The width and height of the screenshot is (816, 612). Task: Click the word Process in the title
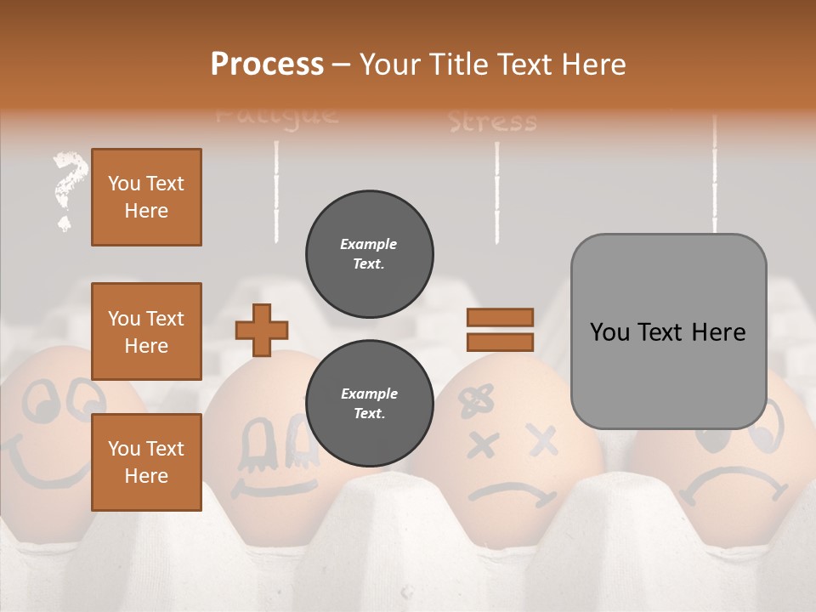[267, 64]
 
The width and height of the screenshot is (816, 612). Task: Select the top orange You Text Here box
[146, 197]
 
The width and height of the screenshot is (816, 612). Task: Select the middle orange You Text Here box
[146, 331]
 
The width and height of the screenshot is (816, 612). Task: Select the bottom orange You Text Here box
[146, 462]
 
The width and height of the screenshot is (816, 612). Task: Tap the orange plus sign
[262, 330]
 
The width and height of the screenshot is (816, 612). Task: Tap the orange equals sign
[500, 330]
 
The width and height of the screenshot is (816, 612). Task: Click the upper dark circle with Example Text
[370, 254]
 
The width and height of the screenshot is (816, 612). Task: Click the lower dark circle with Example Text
[370, 404]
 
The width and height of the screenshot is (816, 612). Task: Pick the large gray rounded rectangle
[668, 331]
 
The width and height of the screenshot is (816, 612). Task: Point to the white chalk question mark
[68, 189]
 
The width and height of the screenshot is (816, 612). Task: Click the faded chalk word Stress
[493, 122]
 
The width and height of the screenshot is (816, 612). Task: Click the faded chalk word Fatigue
[276, 115]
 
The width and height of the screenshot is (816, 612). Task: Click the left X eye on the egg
[483, 444]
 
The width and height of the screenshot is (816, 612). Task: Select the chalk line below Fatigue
[276, 191]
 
